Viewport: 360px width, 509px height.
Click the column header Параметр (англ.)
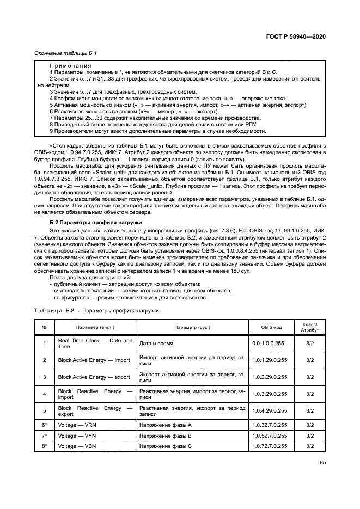coord(95,328)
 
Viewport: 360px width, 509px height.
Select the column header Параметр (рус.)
coord(192,328)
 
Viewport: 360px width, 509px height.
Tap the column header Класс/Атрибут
coord(309,328)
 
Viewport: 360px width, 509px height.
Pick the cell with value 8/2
coord(309,344)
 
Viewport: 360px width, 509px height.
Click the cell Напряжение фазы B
coord(166,435)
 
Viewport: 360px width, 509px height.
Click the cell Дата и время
coord(156,344)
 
